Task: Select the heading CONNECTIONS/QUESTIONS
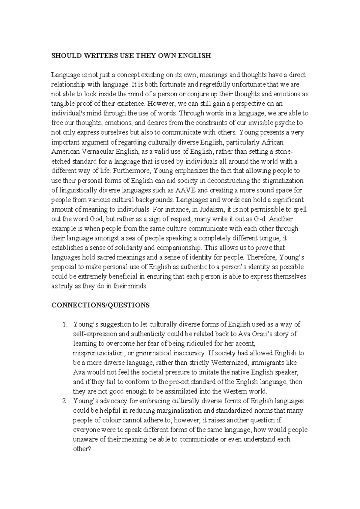point(100,305)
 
